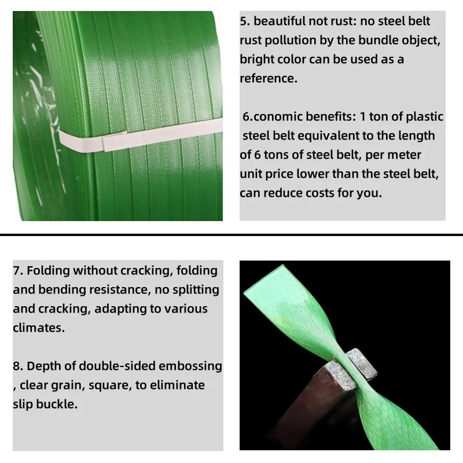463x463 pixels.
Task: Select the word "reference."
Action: [x=269, y=79]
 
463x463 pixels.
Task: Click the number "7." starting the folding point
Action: [x=18, y=271]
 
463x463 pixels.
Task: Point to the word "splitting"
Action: [x=196, y=290]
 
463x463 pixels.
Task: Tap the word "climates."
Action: [x=39, y=328]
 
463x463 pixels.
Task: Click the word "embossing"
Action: [x=190, y=366]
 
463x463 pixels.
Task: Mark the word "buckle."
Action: [x=57, y=404]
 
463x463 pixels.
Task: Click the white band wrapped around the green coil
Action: [x=140, y=136]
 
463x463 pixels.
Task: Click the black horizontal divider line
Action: [x=231, y=235]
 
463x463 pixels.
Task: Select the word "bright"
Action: [x=256, y=60]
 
